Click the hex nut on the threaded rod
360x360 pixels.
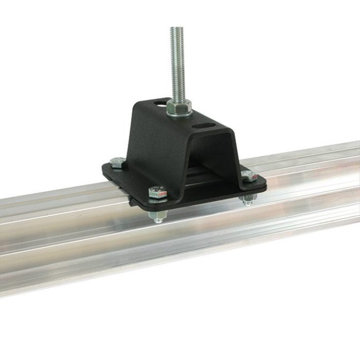pyautogui.click(x=179, y=106)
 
